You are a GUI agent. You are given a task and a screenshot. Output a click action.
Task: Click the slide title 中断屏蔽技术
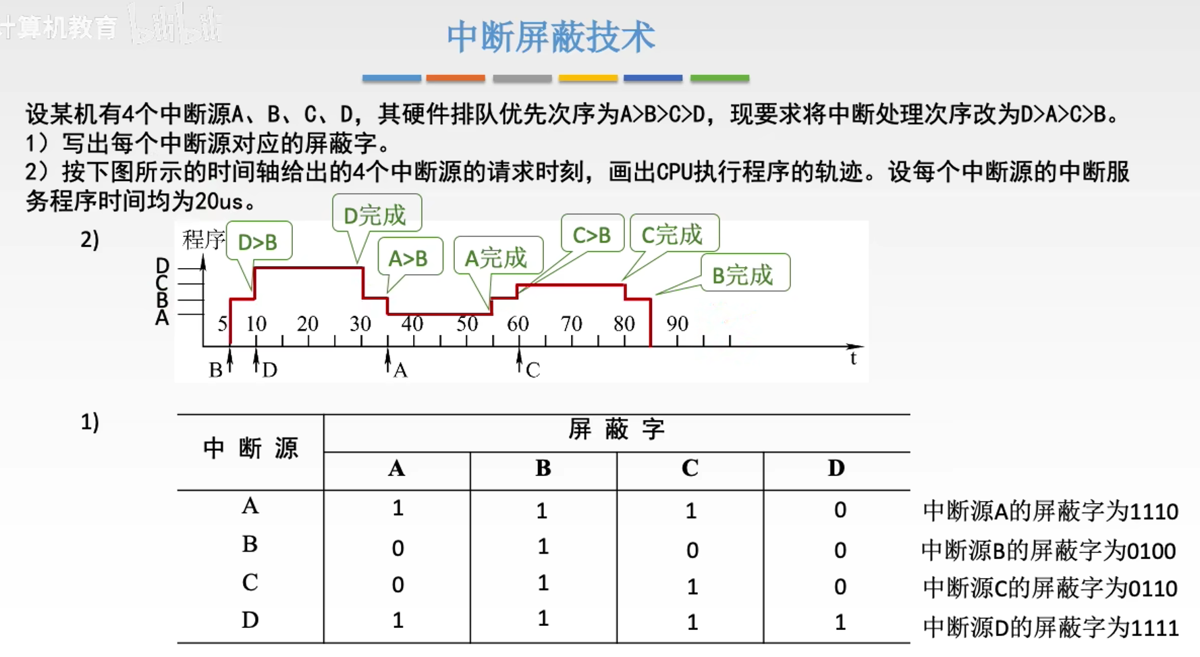[x=550, y=36]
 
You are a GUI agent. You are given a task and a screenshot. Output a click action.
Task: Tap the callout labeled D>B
[x=259, y=241]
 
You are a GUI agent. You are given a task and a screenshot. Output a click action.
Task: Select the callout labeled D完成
[x=377, y=214]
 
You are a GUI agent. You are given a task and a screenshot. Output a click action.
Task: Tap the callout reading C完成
[x=674, y=234]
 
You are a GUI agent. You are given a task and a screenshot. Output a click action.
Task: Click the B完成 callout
[x=745, y=273]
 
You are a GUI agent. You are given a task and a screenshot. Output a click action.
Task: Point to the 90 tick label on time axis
[x=677, y=323]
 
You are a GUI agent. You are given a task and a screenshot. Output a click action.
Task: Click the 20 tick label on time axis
[x=308, y=323]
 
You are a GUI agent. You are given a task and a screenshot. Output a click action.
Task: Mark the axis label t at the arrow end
[x=853, y=358]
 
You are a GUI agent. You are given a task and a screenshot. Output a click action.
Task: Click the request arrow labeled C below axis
[x=519, y=361]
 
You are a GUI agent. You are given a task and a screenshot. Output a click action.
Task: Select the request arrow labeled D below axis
[x=256, y=361]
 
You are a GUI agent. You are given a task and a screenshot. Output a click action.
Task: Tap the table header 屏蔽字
[x=617, y=429]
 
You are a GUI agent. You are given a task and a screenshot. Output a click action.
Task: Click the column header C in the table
[x=690, y=467]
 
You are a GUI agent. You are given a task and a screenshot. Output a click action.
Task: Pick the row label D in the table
[x=250, y=619]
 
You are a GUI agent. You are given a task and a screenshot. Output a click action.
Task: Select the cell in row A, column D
[x=840, y=510]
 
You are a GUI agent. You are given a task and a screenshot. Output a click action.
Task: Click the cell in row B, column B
[x=543, y=546]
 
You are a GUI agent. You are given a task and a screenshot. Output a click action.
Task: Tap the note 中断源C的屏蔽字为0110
[x=1050, y=588]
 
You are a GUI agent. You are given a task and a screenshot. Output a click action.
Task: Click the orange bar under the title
[x=456, y=78]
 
